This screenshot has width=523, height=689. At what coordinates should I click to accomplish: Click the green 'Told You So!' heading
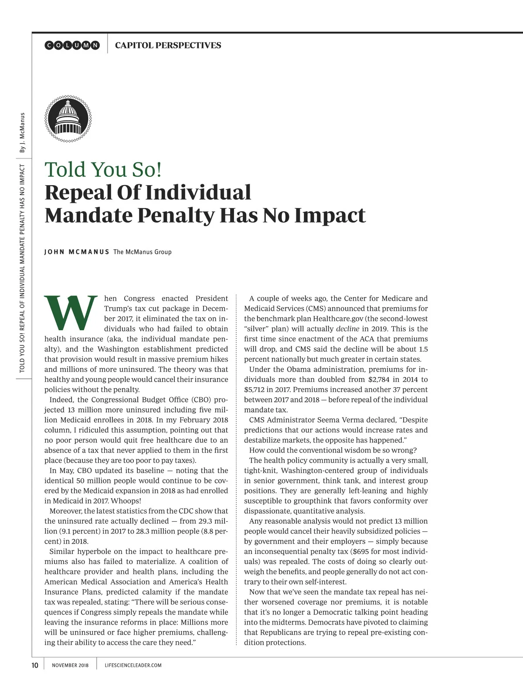click(103, 169)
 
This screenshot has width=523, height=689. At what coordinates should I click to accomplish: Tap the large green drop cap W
click(71, 312)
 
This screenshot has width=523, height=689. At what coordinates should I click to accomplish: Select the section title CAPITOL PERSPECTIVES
click(168, 45)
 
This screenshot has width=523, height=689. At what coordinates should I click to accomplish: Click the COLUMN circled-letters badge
click(72, 45)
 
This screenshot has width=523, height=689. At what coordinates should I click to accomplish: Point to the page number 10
click(35, 665)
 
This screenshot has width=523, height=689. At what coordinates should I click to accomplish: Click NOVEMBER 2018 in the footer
click(70, 665)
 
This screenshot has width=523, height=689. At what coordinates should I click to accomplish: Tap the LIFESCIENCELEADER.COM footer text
click(133, 665)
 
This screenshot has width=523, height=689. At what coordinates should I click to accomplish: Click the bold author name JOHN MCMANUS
click(77, 252)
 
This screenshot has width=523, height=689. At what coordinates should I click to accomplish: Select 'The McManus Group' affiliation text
click(142, 252)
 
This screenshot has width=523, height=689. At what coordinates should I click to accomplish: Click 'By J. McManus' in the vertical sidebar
click(22, 132)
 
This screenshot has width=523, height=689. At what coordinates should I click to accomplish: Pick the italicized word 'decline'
click(347, 329)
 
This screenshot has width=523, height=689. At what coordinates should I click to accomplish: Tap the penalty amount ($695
click(362, 551)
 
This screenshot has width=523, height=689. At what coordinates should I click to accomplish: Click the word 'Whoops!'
click(126, 501)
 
